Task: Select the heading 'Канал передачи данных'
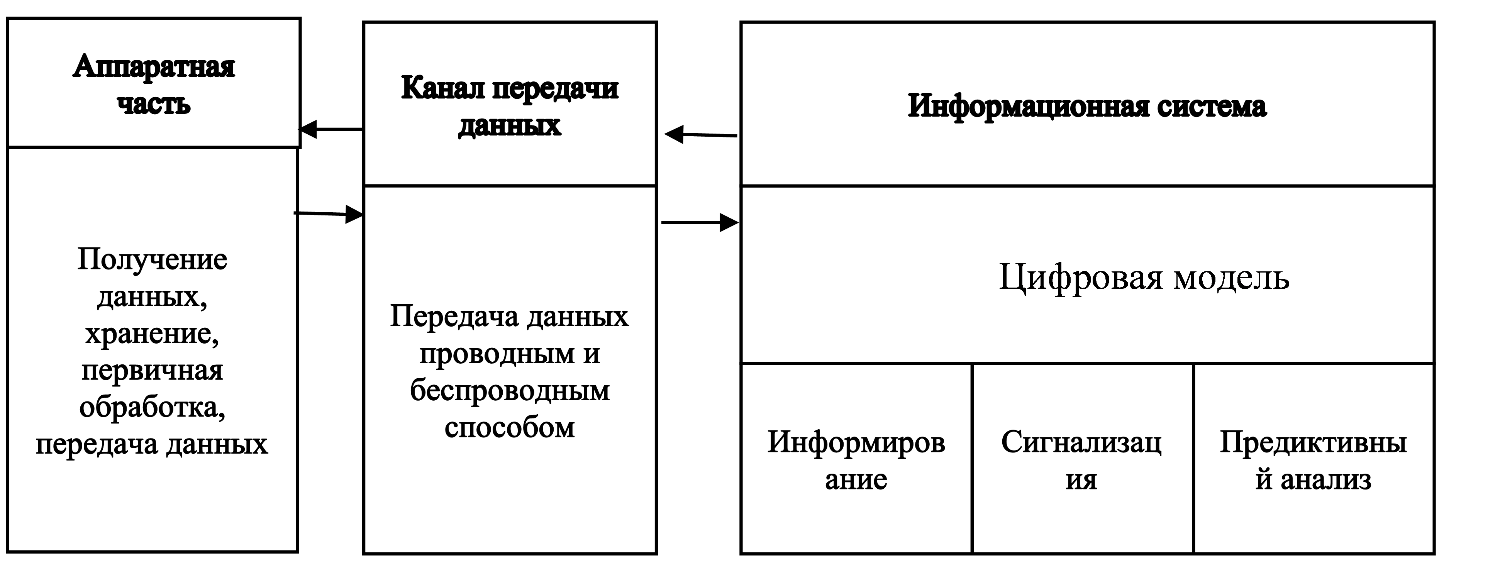point(510,106)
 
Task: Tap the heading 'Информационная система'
point(1087,106)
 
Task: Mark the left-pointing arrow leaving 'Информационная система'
point(700,135)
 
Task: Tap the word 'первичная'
point(152,370)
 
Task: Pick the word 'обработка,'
point(152,407)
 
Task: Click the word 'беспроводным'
point(510,390)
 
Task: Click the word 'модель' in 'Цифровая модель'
point(1231,277)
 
